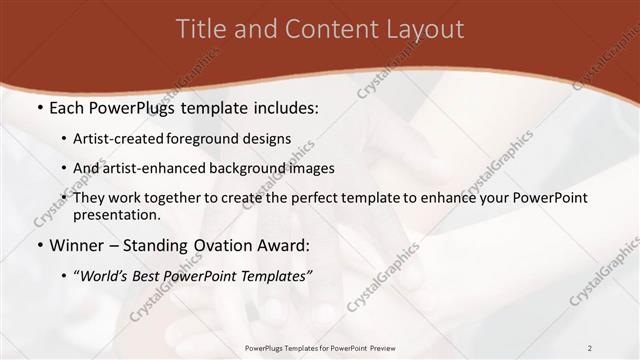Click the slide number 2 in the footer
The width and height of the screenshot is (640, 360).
[x=589, y=347]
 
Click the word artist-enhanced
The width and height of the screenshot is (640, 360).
[x=148, y=168]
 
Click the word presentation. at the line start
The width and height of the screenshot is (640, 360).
[x=117, y=214]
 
